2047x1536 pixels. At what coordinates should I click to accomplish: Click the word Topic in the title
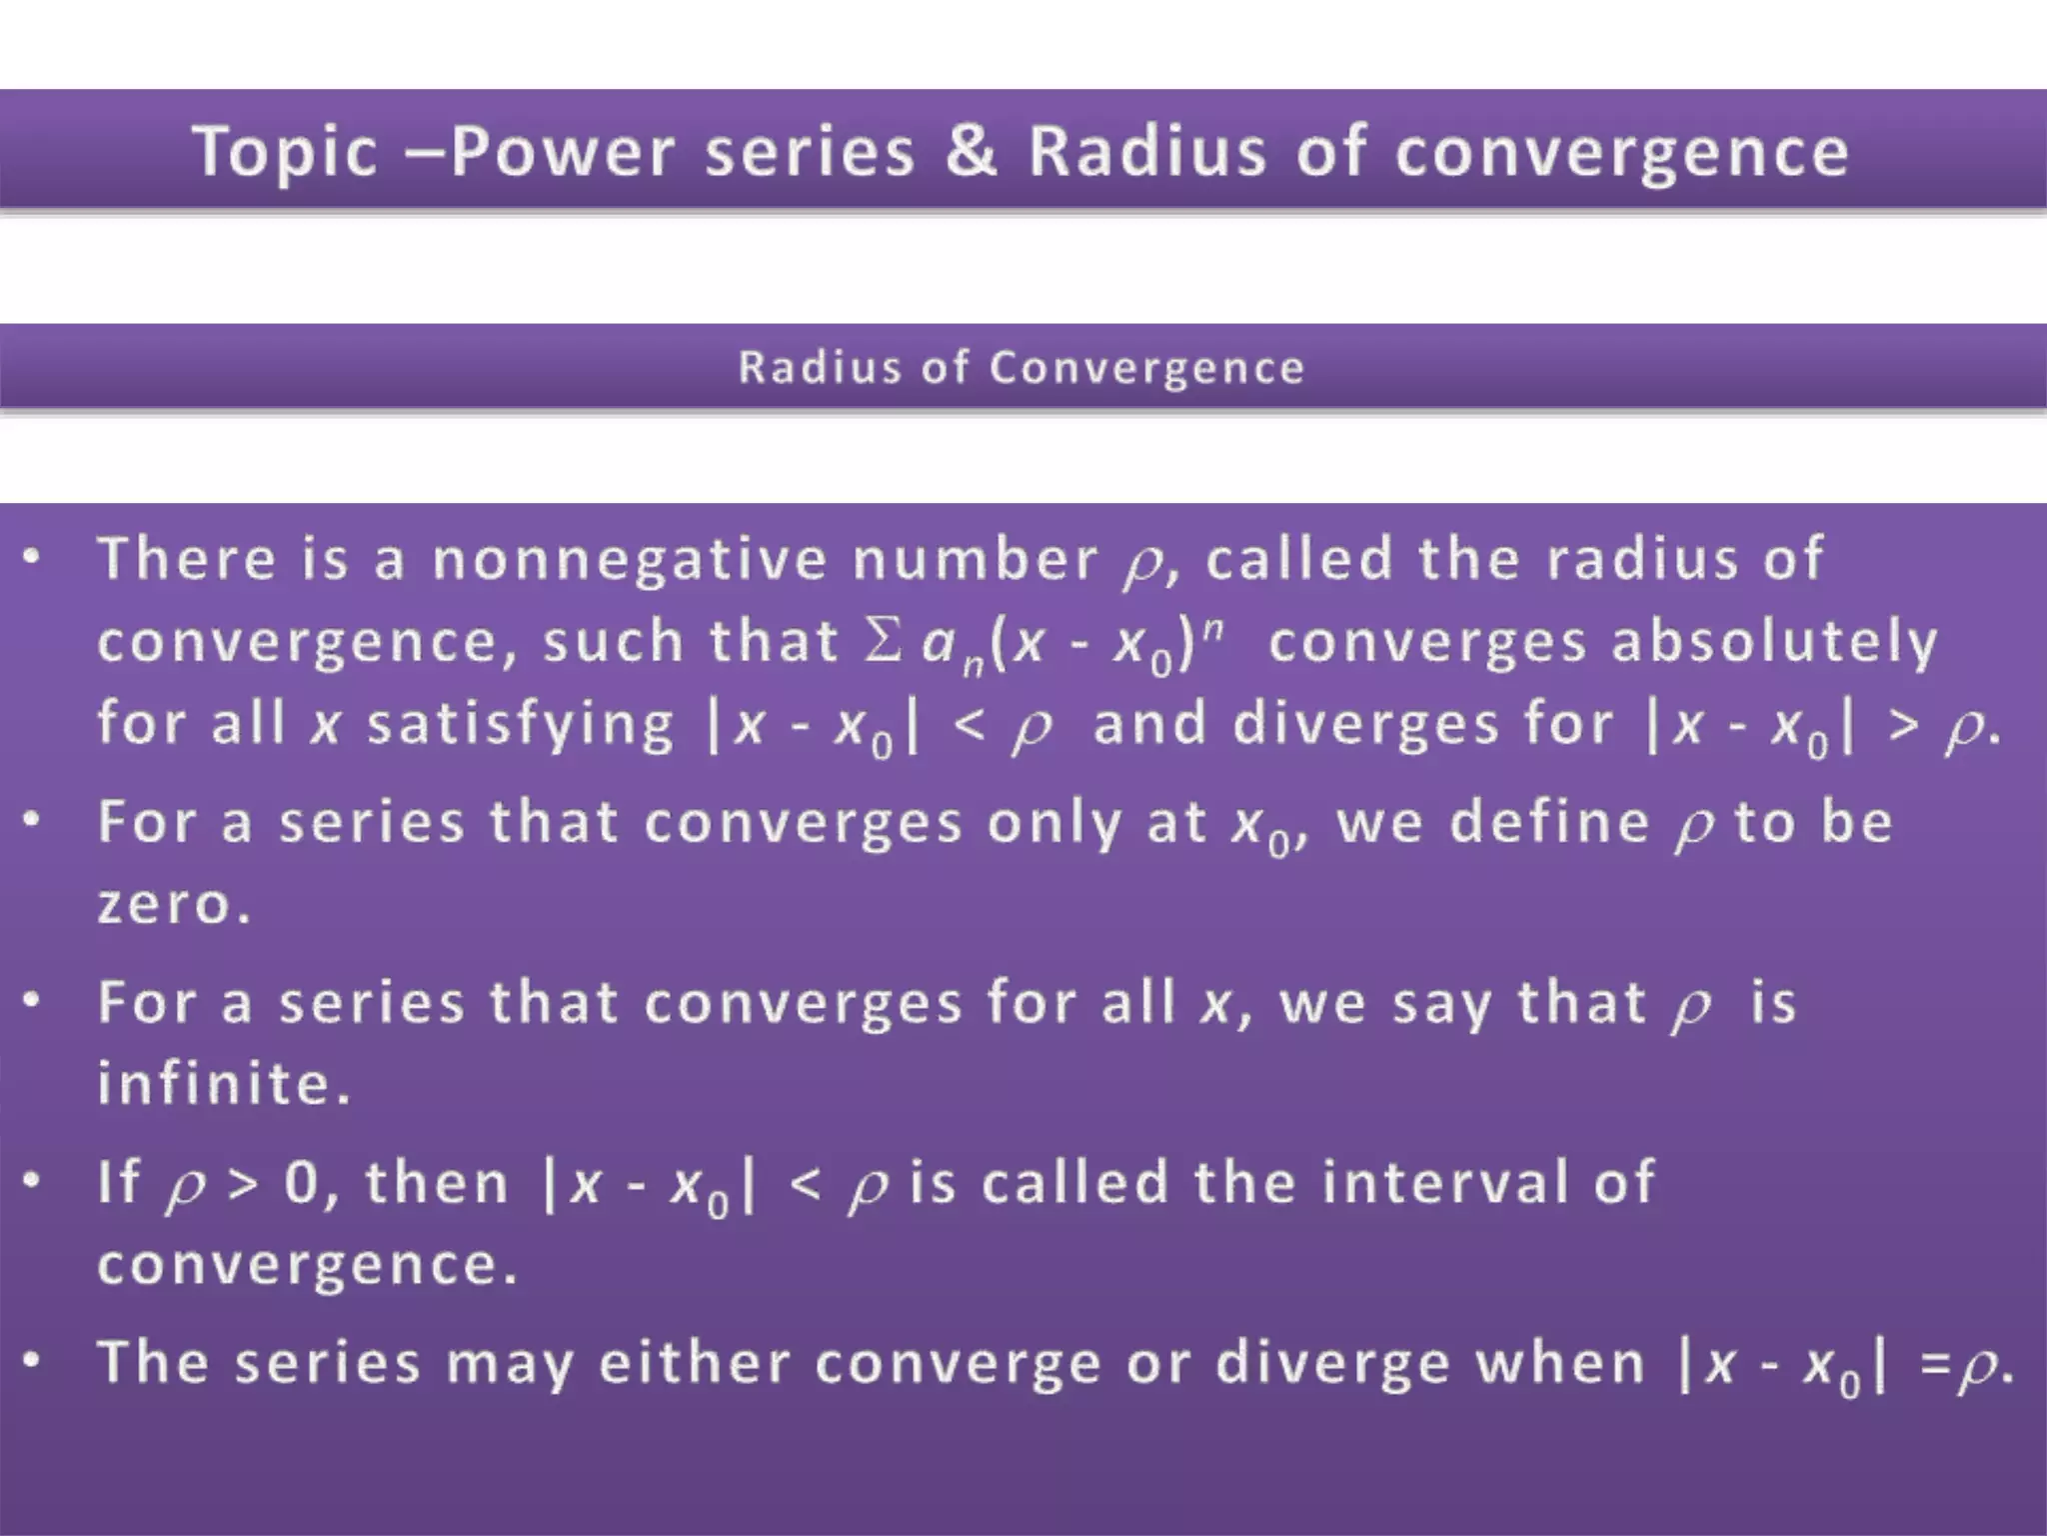pyautogui.click(x=285, y=152)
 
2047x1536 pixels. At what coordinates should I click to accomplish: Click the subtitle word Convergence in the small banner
pyautogui.click(x=1146, y=368)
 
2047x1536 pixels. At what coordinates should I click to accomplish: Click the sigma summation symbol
pyautogui.click(x=883, y=640)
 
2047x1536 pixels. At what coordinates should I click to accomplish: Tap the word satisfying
pyautogui.click(x=521, y=725)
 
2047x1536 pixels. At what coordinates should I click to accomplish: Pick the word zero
pyautogui.click(x=173, y=904)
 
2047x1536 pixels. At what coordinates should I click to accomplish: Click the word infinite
pyautogui.click(x=224, y=1084)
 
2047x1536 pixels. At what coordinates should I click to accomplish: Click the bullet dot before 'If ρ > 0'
pyautogui.click(x=33, y=1180)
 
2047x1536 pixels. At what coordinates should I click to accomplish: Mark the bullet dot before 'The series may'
pyautogui.click(x=33, y=1360)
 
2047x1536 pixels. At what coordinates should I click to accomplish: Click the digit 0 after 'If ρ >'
pyautogui.click(x=301, y=1183)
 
